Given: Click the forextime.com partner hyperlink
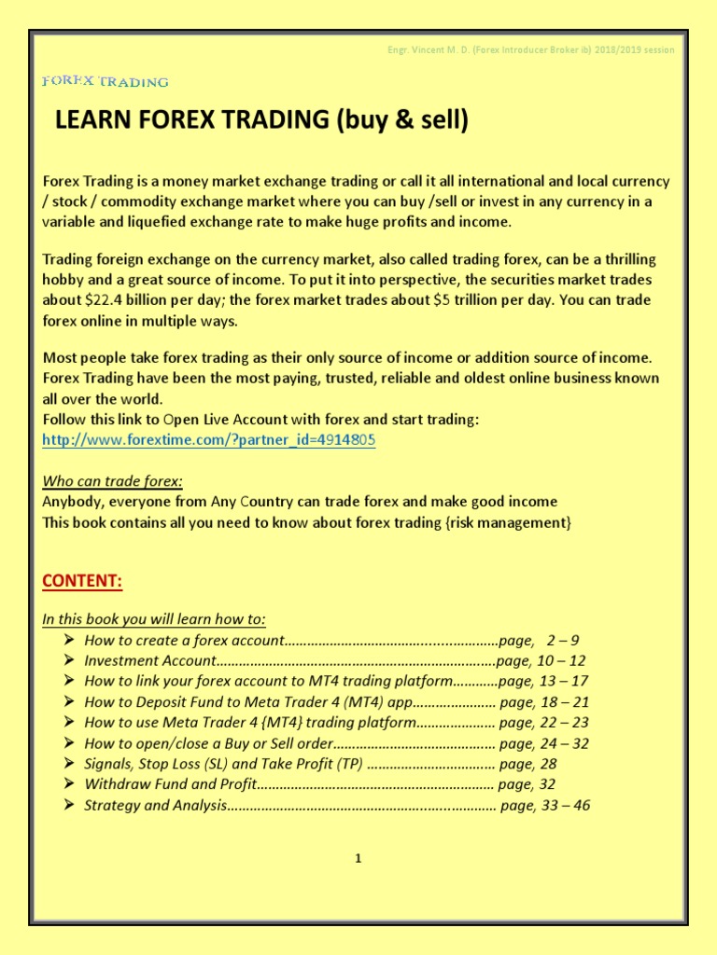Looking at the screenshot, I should tap(209, 439).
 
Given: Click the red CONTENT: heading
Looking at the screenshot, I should tap(82, 581).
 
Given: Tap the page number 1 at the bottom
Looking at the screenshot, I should tap(358, 859).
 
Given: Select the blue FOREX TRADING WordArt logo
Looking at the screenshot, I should tap(105, 82).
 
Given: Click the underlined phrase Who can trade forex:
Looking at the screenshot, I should tap(113, 480).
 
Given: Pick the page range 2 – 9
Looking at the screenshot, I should tap(563, 640).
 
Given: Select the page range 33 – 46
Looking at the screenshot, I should tap(565, 805).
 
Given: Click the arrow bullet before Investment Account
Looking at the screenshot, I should tap(70, 660).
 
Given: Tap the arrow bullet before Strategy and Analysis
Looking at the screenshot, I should tap(70, 805).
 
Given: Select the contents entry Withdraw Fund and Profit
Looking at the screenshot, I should tap(169, 784).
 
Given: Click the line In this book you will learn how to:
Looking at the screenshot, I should tap(154, 618).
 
